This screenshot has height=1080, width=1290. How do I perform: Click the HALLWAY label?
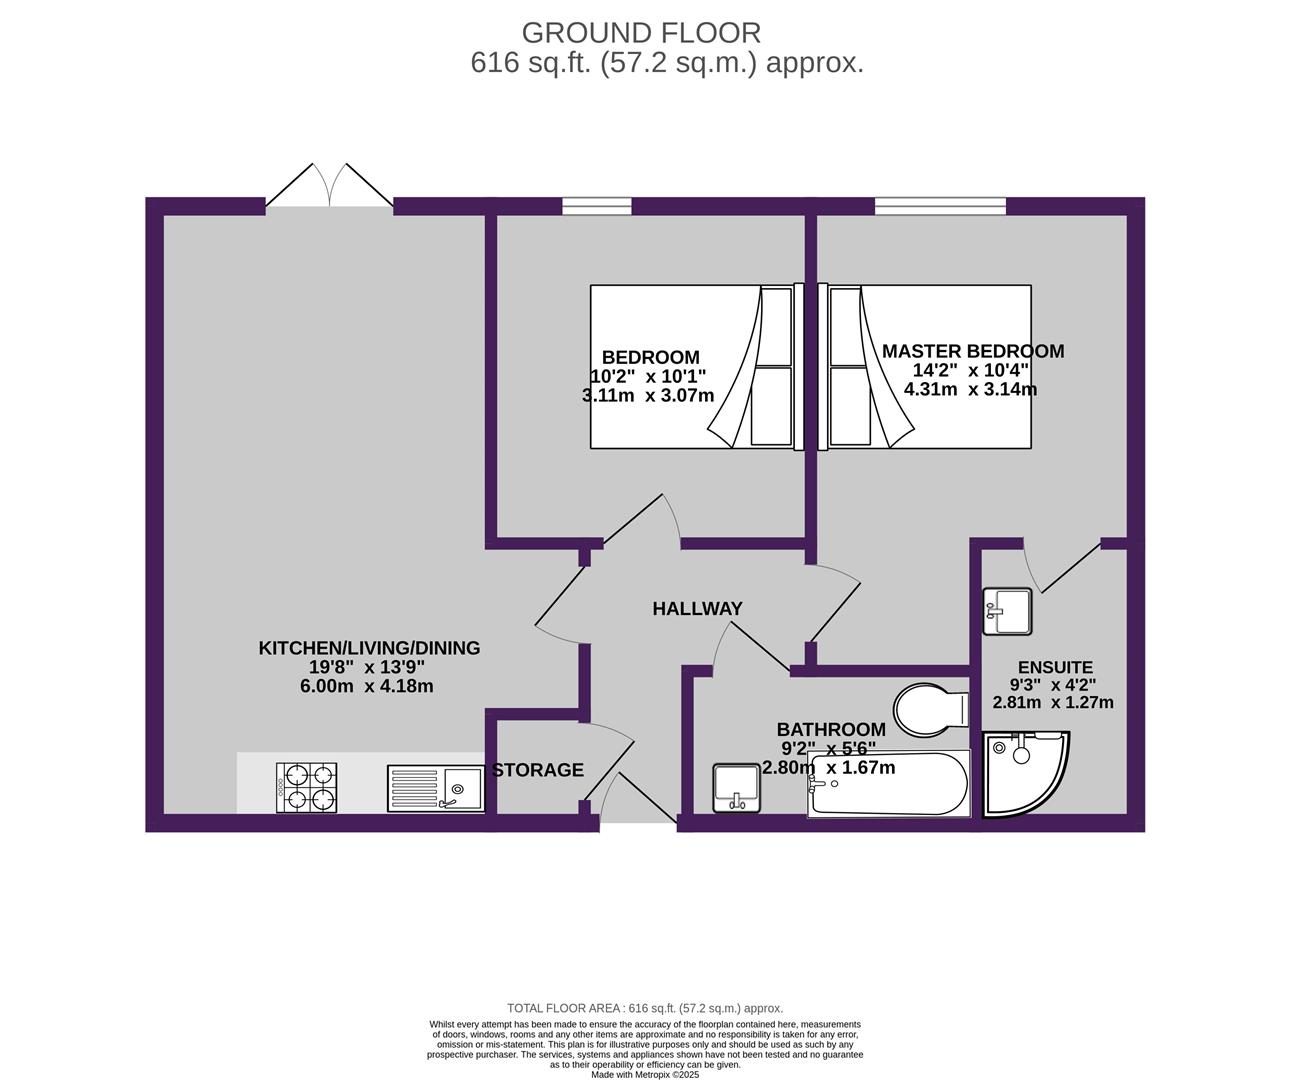(x=697, y=609)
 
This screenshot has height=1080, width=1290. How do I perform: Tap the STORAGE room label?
(x=538, y=770)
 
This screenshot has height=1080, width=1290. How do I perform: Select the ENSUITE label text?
(x=1055, y=667)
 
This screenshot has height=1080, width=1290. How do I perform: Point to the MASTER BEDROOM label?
(x=973, y=351)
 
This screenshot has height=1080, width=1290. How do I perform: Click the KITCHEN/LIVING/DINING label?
(x=369, y=648)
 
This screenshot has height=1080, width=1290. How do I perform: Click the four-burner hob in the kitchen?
(x=306, y=787)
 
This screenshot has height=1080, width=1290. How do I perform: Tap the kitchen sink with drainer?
(x=436, y=788)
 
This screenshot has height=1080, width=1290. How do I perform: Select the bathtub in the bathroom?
(x=888, y=783)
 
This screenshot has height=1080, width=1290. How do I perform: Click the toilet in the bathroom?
(x=931, y=709)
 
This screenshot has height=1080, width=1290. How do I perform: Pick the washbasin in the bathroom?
(x=736, y=788)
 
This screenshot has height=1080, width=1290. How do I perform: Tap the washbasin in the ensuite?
(x=1008, y=611)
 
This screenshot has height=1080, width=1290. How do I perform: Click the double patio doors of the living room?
(x=329, y=185)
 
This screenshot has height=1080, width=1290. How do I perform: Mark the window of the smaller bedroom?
(x=597, y=206)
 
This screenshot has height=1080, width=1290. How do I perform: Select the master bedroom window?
(x=940, y=206)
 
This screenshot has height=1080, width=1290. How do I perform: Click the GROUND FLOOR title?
(x=641, y=33)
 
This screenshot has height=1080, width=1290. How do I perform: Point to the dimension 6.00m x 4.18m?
(x=366, y=686)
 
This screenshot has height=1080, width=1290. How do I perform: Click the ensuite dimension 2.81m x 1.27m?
(x=1053, y=702)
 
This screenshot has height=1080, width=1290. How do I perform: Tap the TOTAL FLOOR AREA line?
(x=645, y=1008)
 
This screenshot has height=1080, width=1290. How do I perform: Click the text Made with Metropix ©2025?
(x=645, y=1074)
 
